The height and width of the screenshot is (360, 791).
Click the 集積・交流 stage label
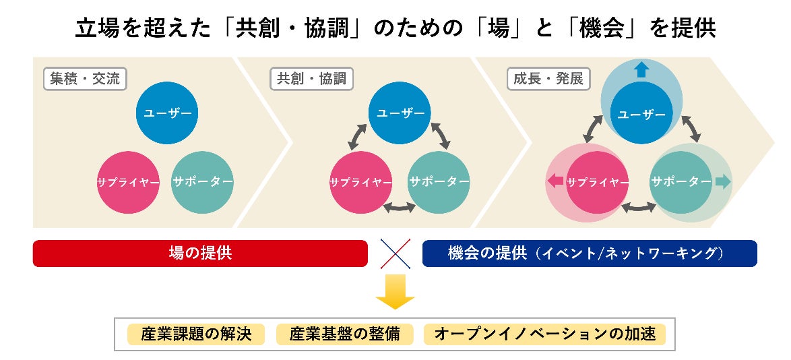(85, 79)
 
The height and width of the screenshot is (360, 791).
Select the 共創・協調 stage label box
(312, 79)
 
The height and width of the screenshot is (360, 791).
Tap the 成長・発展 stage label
(548, 79)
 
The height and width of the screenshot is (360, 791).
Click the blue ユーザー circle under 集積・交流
(167, 113)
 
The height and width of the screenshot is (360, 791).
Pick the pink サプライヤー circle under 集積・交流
(128, 182)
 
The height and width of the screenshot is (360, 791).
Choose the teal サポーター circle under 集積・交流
(202, 182)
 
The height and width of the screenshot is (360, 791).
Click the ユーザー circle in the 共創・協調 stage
(400, 113)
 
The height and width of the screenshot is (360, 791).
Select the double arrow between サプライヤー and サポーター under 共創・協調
(399, 207)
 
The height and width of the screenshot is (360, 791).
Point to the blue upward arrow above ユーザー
(641, 69)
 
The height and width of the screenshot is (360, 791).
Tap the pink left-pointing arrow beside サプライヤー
(555, 181)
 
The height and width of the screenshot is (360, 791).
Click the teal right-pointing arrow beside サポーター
(723, 181)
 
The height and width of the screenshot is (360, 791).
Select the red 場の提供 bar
(200, 253)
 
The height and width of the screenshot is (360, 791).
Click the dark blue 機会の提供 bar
(590, 253)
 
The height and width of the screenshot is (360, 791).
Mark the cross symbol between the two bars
(395, 253)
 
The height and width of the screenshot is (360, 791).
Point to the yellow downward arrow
(395, 291)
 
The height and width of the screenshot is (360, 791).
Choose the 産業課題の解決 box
(196, 334)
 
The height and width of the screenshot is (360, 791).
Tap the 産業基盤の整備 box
(344, 334)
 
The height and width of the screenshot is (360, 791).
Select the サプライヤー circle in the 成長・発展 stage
(597, 182)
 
